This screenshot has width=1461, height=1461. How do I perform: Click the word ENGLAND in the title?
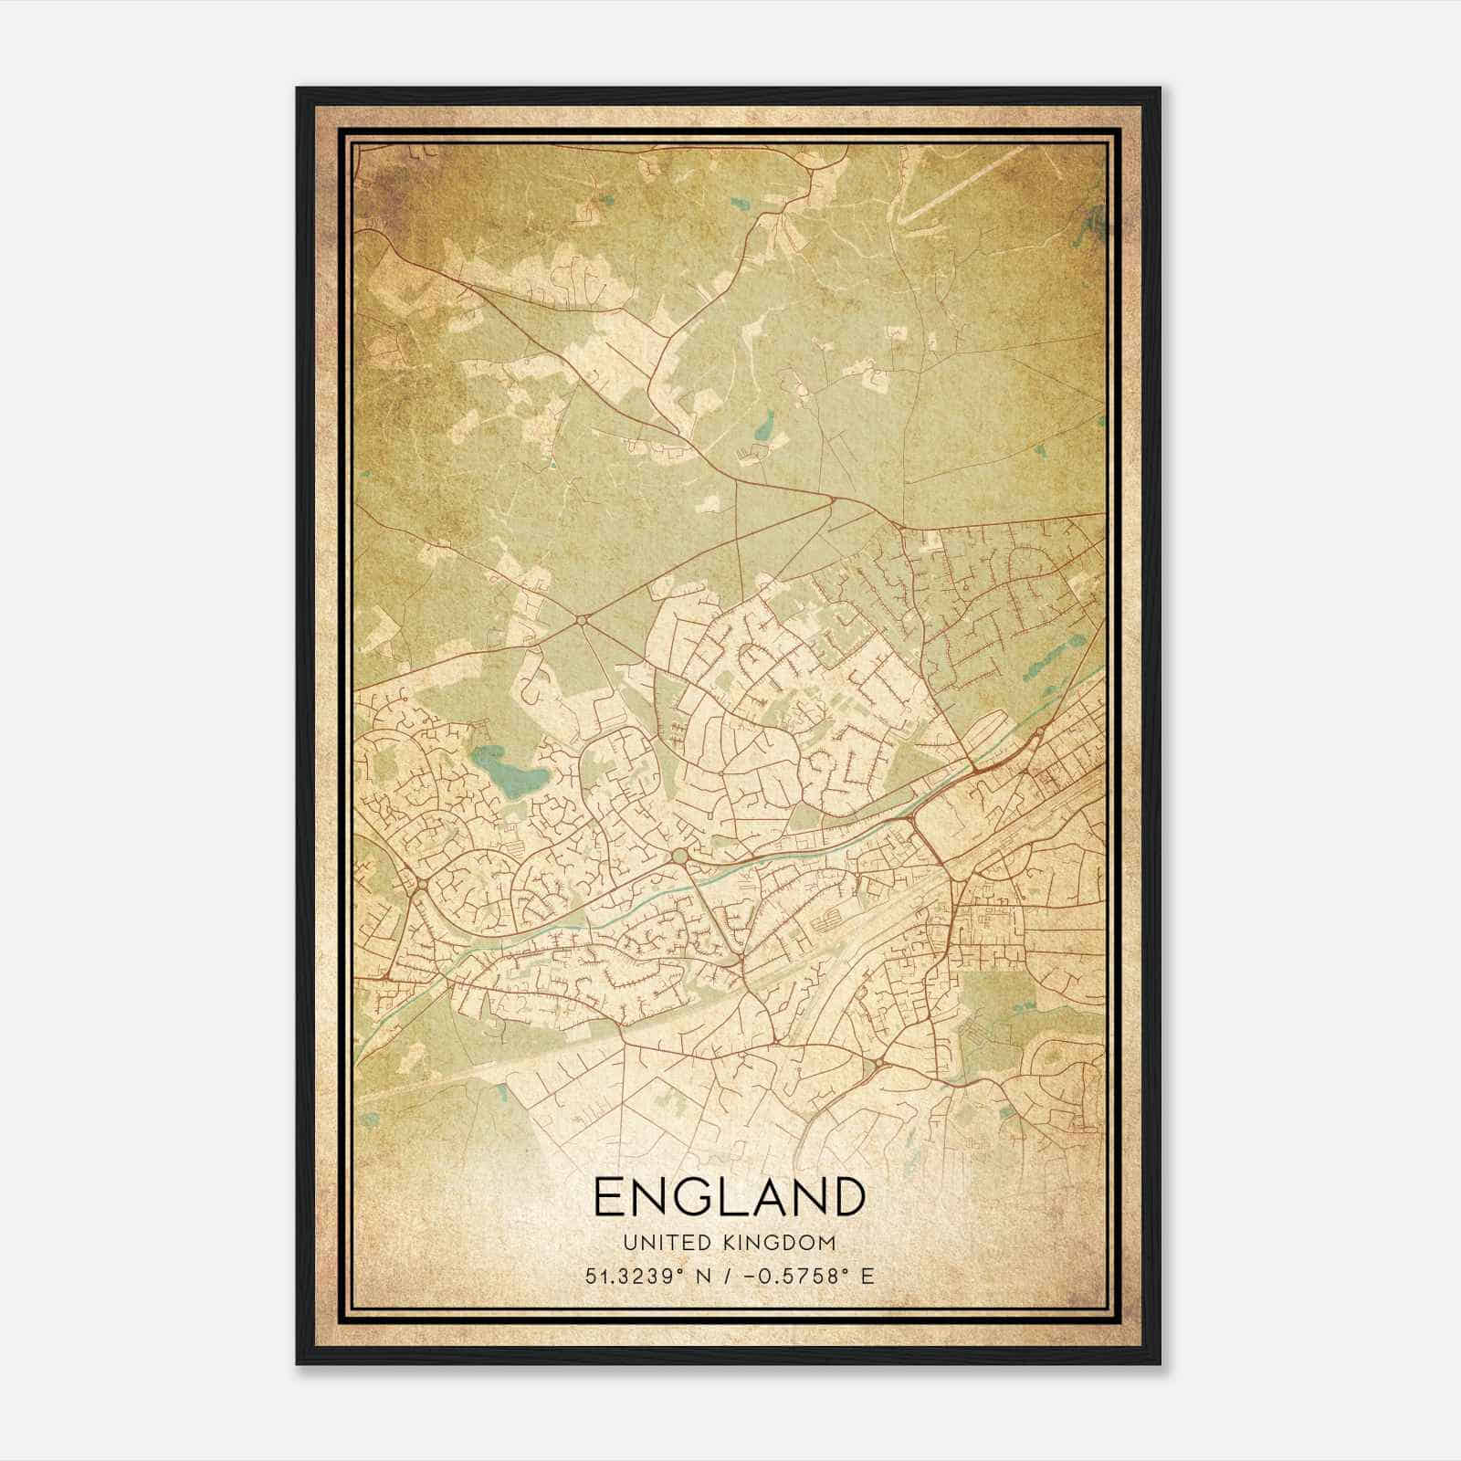click(x=729, y=1197)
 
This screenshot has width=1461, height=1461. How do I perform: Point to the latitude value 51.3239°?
click(x=634, y=1276)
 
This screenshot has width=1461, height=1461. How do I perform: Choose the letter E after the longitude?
click(x=867, y=1276)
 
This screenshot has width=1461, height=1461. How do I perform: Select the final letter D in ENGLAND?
click(x=846, y=1197)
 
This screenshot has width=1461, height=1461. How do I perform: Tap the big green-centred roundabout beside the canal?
click(x=680, y=857)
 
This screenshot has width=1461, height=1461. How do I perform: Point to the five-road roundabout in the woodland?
click(x=582, y=621)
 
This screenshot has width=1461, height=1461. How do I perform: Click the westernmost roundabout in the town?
click(x=422, y=886)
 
